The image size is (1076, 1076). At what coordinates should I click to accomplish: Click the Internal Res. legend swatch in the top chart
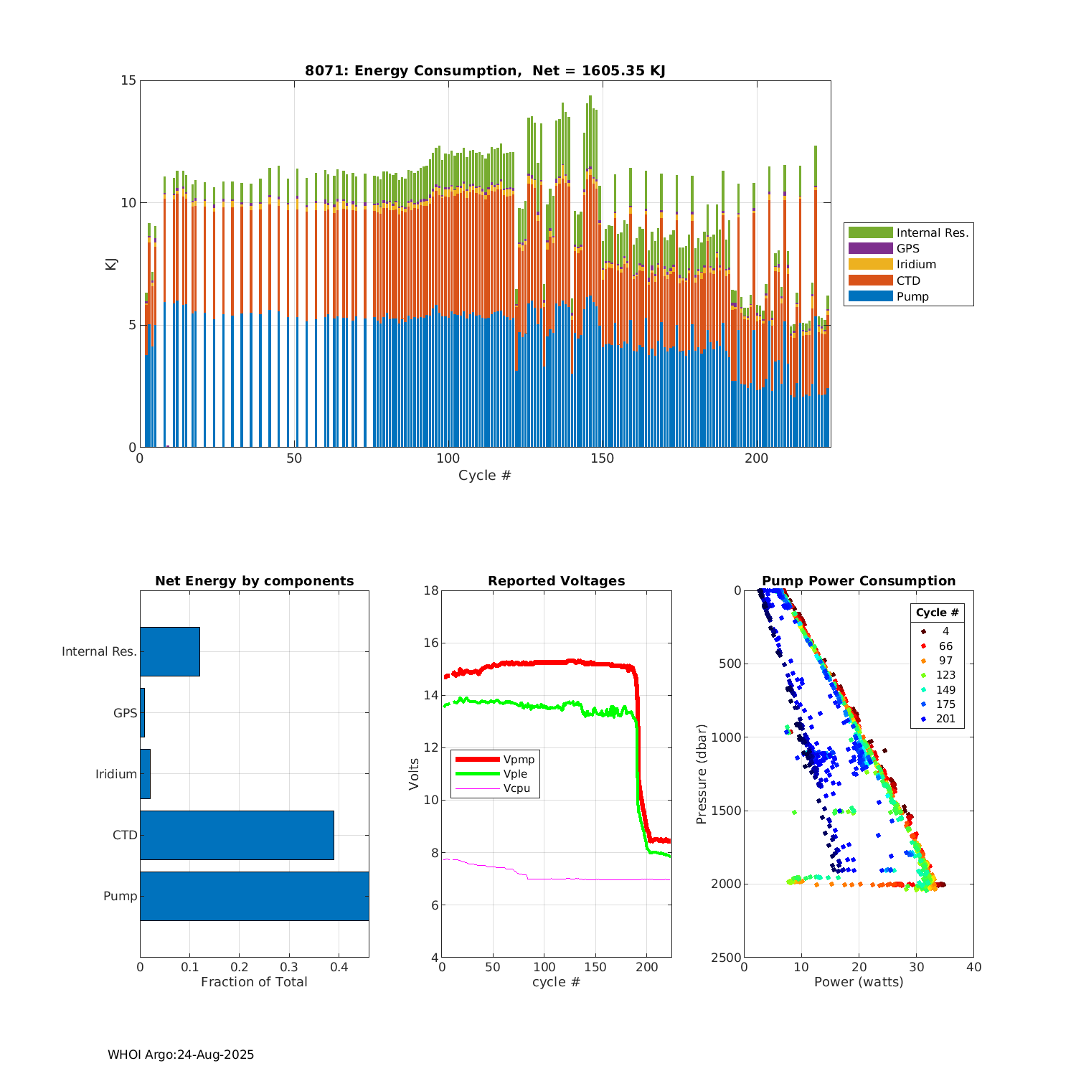(870, 232)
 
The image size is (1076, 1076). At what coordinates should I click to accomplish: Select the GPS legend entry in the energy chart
(870, 248)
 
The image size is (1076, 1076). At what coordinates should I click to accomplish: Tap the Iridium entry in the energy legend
(870, 264)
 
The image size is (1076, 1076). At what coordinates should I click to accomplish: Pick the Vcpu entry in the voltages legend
(516, 788)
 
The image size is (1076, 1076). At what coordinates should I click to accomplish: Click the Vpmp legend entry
(519, 759)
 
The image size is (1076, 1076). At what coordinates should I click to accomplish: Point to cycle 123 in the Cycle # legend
(945, 675)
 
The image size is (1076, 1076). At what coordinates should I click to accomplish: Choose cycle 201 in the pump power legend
(945, 719)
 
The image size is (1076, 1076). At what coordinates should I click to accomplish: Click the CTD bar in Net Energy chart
(237, 835)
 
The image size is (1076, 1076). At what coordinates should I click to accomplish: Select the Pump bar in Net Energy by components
(254, 896)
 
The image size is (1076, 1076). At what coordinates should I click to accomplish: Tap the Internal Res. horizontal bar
(170, 651)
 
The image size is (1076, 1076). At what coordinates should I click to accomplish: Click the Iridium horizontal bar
(145, 774)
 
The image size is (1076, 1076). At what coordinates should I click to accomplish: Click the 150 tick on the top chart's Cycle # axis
(603, 458)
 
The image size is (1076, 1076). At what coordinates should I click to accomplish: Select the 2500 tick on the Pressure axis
(727, 957)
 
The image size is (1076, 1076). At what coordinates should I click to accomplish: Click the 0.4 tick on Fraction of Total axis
(339, 967)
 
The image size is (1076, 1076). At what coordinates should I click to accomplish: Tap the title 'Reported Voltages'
(556, 581)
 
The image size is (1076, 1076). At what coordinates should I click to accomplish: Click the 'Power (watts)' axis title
(859, 982)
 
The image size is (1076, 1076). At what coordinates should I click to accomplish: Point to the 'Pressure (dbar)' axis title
(702, 773)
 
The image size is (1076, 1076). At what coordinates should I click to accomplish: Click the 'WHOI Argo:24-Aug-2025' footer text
(181, 1054)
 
